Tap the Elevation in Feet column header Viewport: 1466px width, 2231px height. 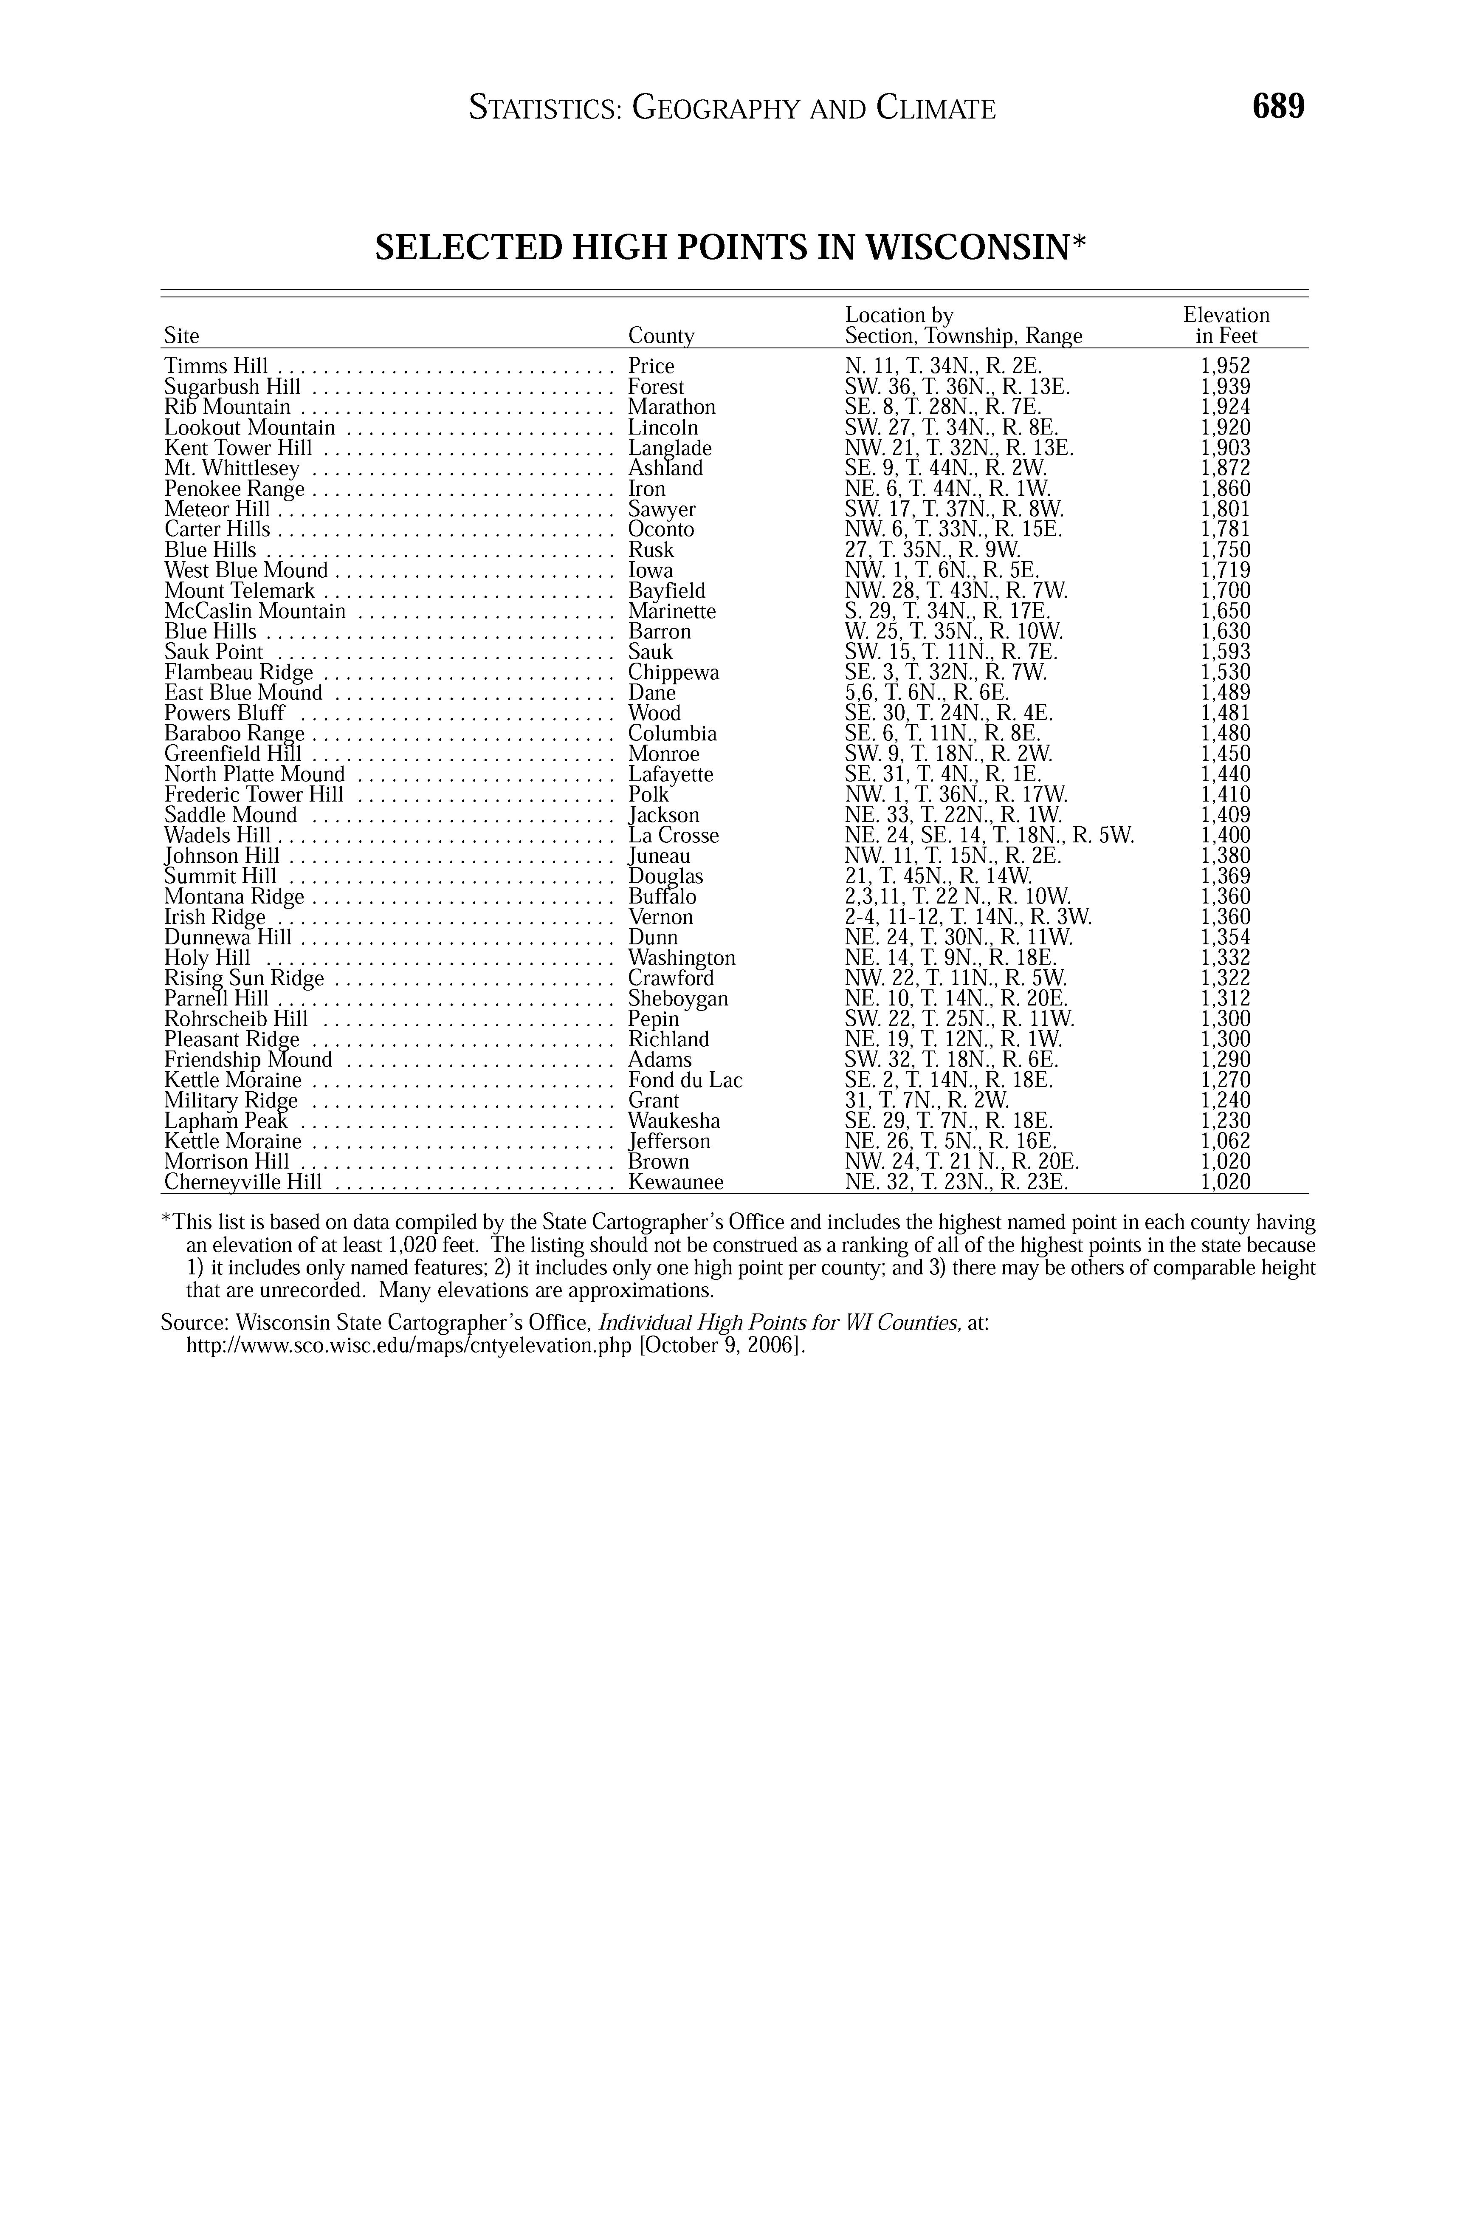point(1226,325)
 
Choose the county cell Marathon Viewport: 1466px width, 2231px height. point(671,407)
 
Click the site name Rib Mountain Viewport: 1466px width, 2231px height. point(227,407)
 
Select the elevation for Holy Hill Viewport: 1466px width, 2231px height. point(1225,958)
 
